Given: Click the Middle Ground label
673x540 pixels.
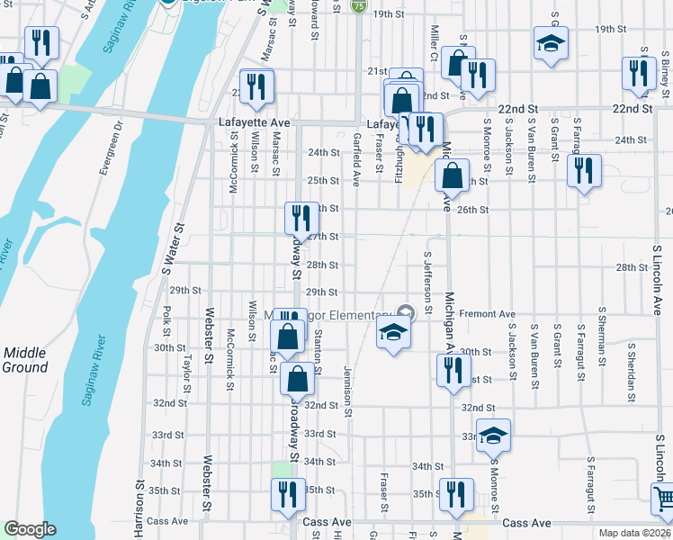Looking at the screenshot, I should pyautogui.click(x=25, y=360).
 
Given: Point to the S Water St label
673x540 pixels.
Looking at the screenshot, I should pyautogui.click(x=166, y=249).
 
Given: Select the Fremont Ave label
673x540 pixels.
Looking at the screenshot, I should pyautogui.click(x=487, y=314).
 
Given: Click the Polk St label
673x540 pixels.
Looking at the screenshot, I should pyautogui.click(x=167, y=316).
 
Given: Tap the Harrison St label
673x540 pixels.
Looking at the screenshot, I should pyautogui.click(x=140, y=508).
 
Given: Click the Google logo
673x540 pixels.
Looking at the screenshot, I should pyautogui.click(x=30, y=528).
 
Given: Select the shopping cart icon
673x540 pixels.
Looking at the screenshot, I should pyautogui.click(x=664, y=498).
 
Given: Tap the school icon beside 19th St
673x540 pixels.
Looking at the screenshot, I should pyautogui.click(x=551, y=42).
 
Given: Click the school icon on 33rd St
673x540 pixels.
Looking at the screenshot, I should pyautogui.click(x=493, y=436).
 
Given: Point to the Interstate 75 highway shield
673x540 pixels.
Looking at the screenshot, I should pyautogui.click(x=359, y=6).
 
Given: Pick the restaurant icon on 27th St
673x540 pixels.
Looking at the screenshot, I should pyautogui.click(x=301, y=219).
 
